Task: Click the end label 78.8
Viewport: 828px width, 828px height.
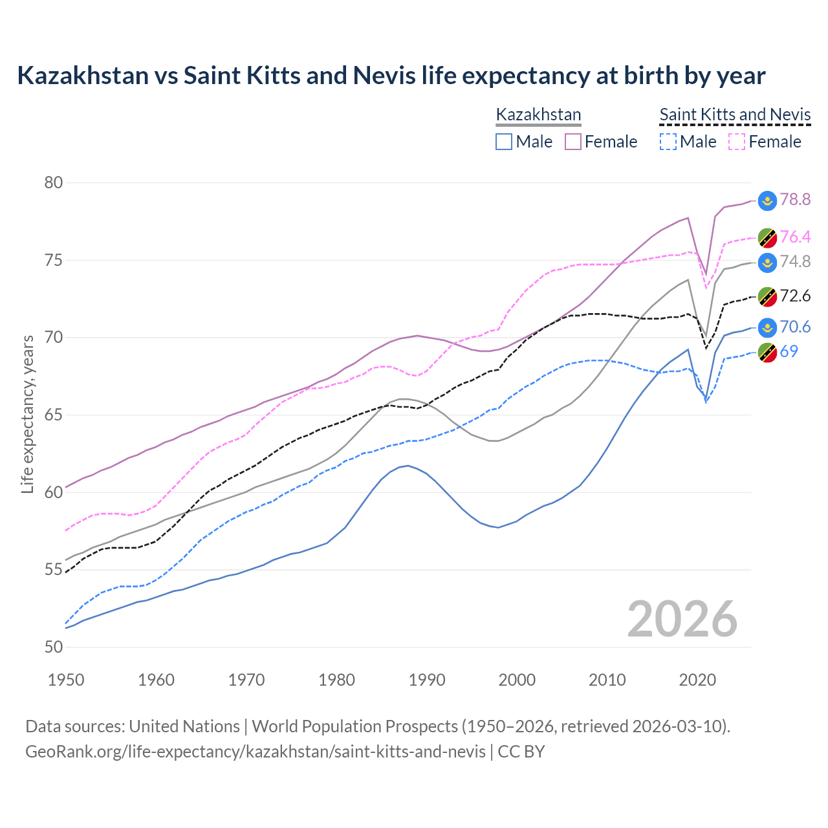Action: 795,199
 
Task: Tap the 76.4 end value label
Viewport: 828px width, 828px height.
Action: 795,237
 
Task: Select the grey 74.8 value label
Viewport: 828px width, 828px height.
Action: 795,261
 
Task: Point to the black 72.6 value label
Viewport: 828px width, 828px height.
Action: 795,296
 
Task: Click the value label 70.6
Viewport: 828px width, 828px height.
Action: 795,327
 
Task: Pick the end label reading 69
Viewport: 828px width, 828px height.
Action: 789,351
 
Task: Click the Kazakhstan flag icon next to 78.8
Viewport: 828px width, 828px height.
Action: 767,201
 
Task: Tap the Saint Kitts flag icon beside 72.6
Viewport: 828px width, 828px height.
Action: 767,297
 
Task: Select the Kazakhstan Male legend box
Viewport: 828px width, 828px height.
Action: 504,142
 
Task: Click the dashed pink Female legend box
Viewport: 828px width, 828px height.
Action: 737,142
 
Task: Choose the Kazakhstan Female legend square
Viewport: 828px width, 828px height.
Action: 573,142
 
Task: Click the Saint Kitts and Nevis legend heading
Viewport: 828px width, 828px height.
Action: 735,114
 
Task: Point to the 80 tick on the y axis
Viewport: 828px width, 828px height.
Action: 54,182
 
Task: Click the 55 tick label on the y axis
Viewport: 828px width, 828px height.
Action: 54,570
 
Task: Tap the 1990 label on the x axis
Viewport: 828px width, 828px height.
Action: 427,680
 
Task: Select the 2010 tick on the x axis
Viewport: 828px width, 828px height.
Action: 607,680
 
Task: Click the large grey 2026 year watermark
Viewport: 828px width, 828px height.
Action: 682,619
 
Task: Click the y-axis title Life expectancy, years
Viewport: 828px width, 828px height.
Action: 27,414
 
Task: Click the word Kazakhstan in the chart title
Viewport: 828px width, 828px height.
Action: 83,76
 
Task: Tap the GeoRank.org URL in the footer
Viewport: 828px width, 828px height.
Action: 256,752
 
